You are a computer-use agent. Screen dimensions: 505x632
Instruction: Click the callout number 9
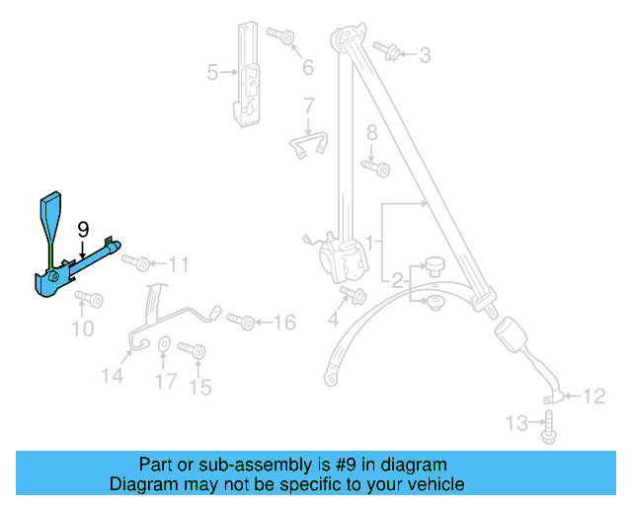click(x=83, y=229)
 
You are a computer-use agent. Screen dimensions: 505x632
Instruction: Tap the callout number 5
click(x=212, y=72)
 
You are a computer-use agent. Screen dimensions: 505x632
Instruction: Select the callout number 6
click(x=307, y=67)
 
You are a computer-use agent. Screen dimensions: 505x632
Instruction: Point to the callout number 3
click(x=425, y=55)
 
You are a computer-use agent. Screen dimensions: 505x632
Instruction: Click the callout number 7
click(x=308, y=106)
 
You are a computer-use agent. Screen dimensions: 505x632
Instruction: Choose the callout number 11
click(x=178, y=263)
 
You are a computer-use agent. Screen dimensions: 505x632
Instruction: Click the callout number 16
click(x=283, y=323)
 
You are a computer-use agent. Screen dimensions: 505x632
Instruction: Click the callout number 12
click(x=592, y=397)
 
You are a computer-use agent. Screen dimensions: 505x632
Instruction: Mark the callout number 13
click(x=517, y=424)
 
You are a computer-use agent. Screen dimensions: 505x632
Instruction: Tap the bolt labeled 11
click(x=137, y=263)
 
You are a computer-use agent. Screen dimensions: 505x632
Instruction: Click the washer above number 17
click(x=164, y=346)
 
